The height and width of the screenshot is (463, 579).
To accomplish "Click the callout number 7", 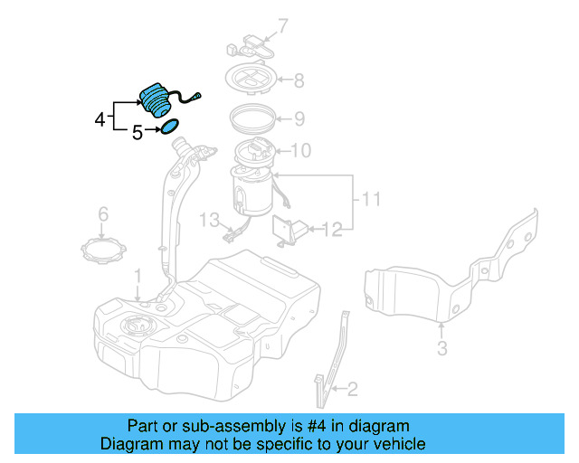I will click(281, 25).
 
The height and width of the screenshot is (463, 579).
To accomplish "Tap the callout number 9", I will click(299, 118).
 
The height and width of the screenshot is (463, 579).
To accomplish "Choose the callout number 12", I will click(334, 231).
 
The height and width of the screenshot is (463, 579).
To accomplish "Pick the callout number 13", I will click(210, 220).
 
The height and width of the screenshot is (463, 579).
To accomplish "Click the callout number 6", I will click(103, 214).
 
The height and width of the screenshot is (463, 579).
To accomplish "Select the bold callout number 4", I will click(100, 118).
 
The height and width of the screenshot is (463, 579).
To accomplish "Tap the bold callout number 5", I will click(137, 133).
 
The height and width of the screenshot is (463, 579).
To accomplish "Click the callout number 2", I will click(352, 390).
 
